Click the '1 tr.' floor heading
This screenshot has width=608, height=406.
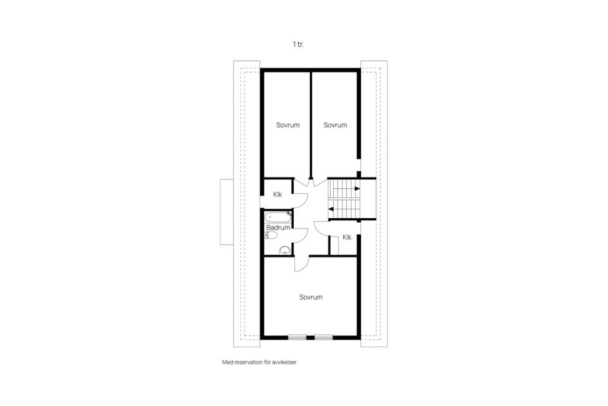(x=298, y=44)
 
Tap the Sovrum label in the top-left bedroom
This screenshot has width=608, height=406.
(x=288, y=125)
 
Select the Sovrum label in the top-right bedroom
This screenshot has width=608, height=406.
(x=336, y=125)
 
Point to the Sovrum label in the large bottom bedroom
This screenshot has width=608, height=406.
(x=311, y=298)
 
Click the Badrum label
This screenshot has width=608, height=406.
(x=278, y=228)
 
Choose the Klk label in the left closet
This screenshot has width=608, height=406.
(x=277, y=194)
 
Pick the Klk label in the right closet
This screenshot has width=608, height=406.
(x=347, y=237)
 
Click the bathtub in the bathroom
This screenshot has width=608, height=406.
(x=278, y=216)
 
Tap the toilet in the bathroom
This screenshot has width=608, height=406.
(x=270, y=235)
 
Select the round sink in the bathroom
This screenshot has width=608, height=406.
(x=285, y=250)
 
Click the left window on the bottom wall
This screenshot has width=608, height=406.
(x=297, y=337)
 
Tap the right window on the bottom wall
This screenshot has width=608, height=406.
(x=324, y=337)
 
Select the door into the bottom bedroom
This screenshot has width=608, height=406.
(x=305, y=266)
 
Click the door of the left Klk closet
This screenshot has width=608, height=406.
(x=305, y=200)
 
